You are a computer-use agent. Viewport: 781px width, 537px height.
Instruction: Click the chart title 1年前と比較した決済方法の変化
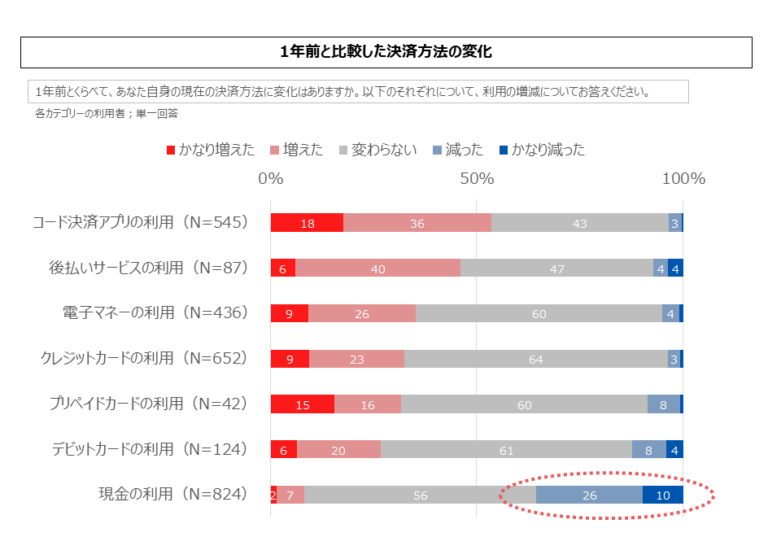(x=386, y=52)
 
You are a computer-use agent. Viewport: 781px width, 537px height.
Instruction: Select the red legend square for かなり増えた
(x=171, y=150)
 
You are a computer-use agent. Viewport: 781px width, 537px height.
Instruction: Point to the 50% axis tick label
(x=477, y=179)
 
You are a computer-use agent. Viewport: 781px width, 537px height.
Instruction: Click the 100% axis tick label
(x=683, y=179)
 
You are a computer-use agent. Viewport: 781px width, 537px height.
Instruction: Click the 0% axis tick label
(x=270, y=179)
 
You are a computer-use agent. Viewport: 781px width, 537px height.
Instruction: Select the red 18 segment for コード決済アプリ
(x=307, y=223)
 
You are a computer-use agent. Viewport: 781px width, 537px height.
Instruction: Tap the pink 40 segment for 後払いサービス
(x=377, y=268)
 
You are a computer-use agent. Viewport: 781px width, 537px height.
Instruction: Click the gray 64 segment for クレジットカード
(x=535, y=359)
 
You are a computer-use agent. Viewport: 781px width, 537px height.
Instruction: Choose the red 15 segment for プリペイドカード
(x=302, y=404)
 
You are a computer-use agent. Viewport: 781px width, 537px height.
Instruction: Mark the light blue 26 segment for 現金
(x=589, y=495)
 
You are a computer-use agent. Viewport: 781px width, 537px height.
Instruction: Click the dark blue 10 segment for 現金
(x=662, y=495)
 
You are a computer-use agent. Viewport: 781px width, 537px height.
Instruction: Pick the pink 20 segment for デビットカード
(x=338, y=449)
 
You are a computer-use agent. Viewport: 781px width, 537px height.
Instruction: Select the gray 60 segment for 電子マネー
(x=539, y=313)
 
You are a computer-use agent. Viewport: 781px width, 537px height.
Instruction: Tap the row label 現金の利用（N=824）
(x=172, y=493)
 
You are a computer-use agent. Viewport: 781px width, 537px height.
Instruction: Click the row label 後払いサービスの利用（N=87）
(x=147, y=268)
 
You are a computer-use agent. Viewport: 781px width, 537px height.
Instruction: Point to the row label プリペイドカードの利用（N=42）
(x=147, y=403)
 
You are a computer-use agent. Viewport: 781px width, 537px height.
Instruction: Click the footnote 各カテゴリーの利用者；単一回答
(x=107, y=115)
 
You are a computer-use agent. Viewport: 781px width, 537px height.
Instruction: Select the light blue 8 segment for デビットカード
(x=648, y=449)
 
